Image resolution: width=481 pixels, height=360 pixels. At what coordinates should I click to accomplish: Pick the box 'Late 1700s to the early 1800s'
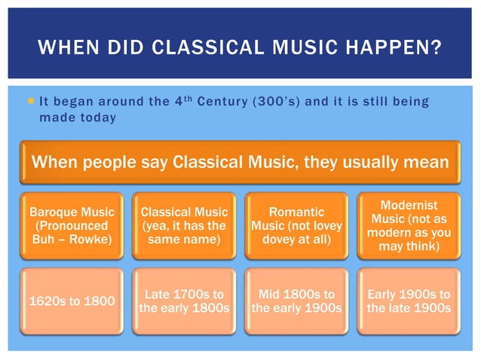pyautogui.click(x=183, y=301)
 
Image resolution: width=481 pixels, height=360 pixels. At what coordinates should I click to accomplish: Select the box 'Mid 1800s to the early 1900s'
pyautogui.click(x=297, y=301)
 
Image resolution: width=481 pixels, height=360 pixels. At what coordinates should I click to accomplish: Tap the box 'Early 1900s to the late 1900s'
pyautogui.click(x=410, y=301)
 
